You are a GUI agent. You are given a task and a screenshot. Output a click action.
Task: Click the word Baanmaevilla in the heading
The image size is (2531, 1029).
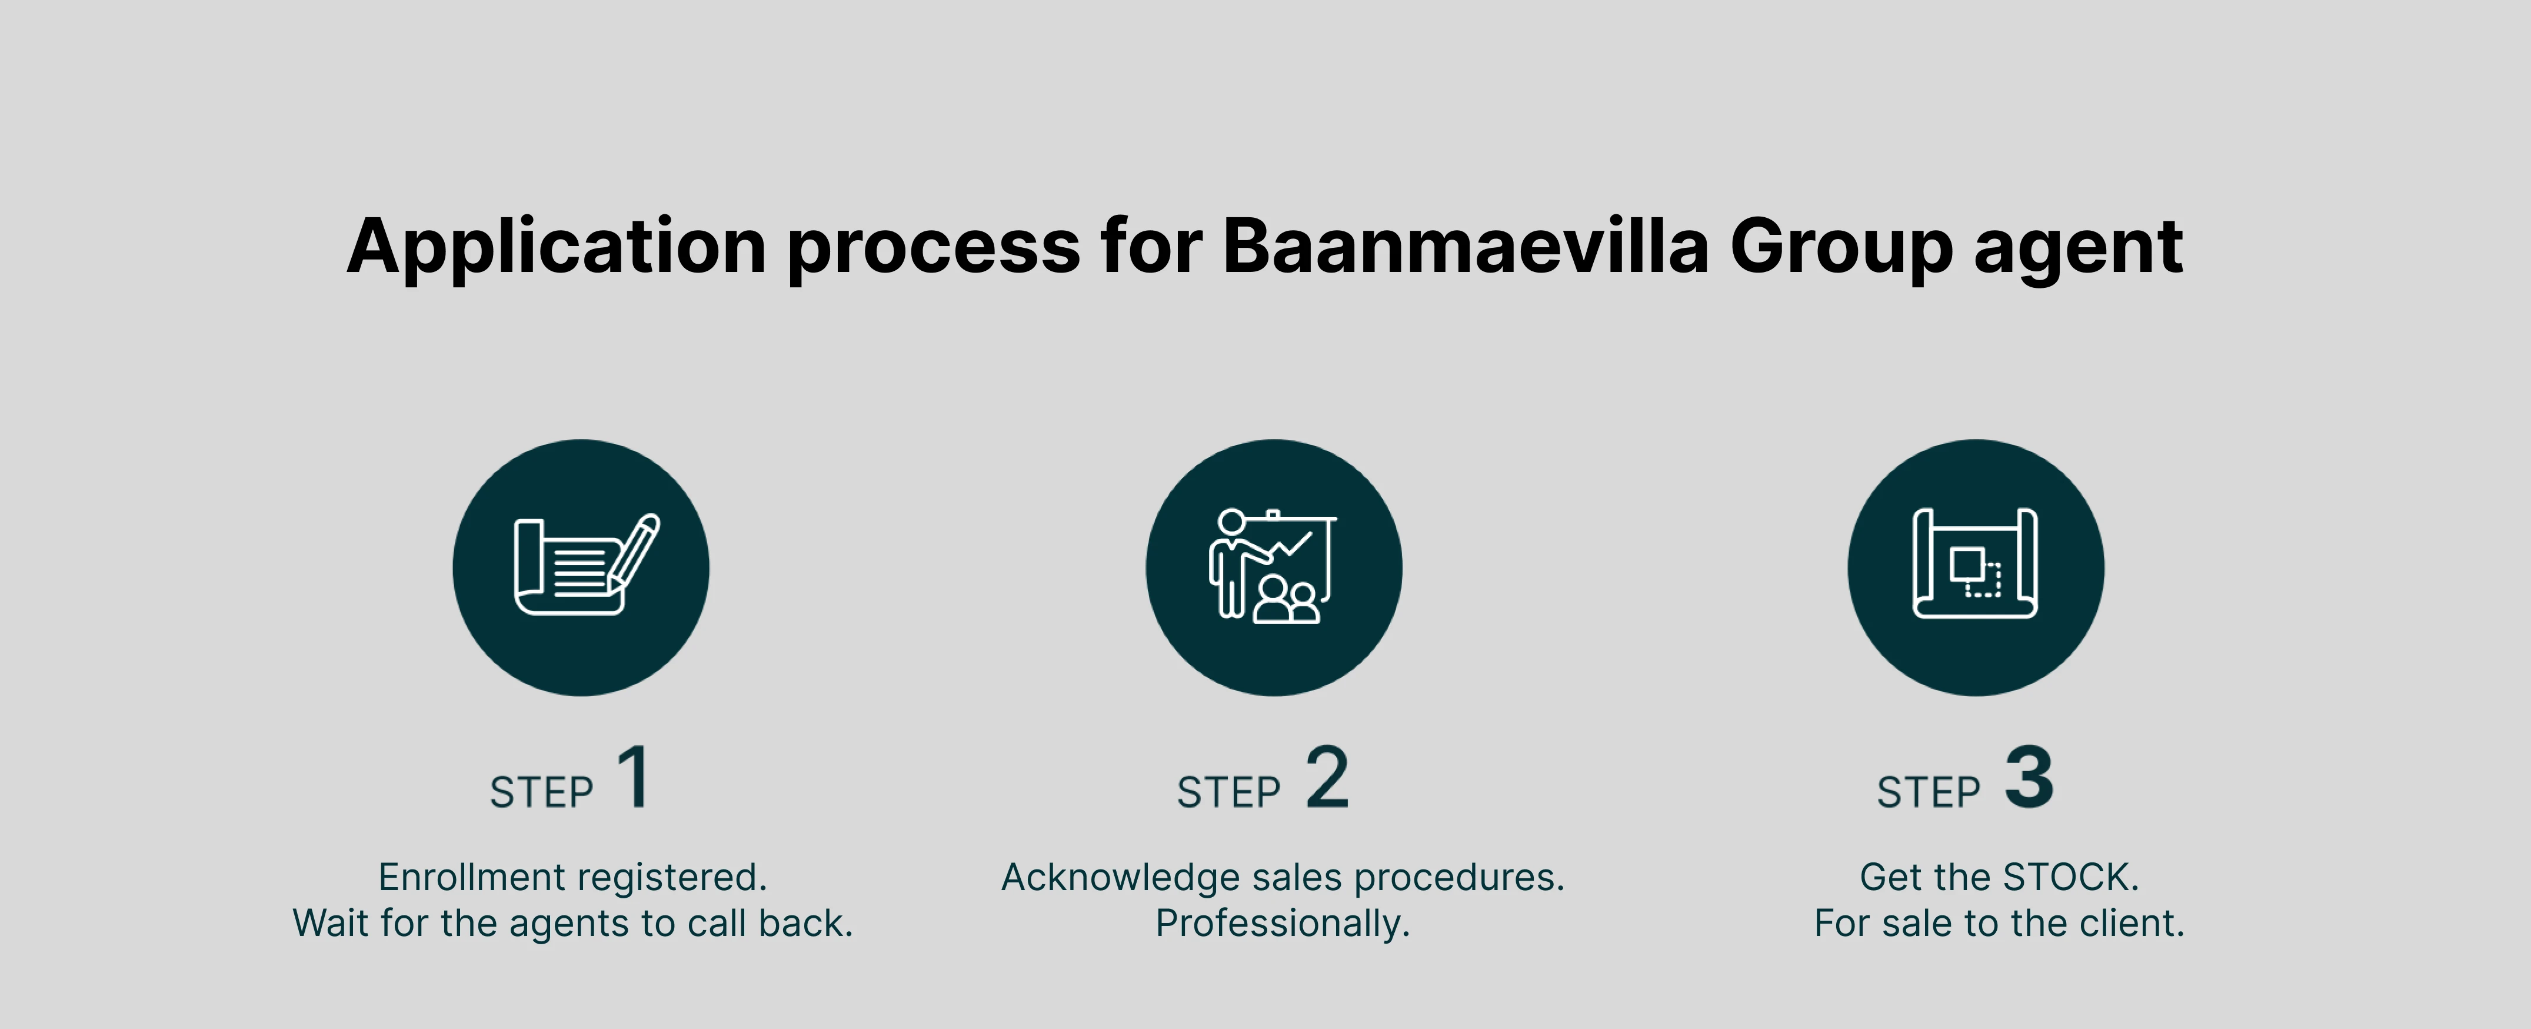(1465, 245)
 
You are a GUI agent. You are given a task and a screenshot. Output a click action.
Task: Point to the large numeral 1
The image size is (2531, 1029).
(634, 776)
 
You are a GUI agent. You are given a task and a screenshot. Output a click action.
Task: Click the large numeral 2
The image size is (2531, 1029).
(1327, 776)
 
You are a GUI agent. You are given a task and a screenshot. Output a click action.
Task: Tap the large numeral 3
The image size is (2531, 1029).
(2029, 776)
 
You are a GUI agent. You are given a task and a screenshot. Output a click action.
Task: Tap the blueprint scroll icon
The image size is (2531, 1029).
(1975, 564)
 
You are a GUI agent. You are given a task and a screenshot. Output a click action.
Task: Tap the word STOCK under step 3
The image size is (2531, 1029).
(2070, 877)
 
